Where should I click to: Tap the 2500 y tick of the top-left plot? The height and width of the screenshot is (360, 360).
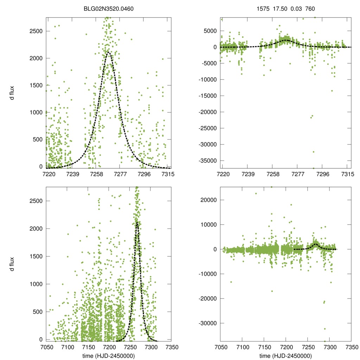[36, 31]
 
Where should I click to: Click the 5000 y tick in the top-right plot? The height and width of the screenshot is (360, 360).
[210, 31]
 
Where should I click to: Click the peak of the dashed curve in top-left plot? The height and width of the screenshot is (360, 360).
[109, 53]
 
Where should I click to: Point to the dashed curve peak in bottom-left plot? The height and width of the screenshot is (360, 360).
[137, 223]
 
